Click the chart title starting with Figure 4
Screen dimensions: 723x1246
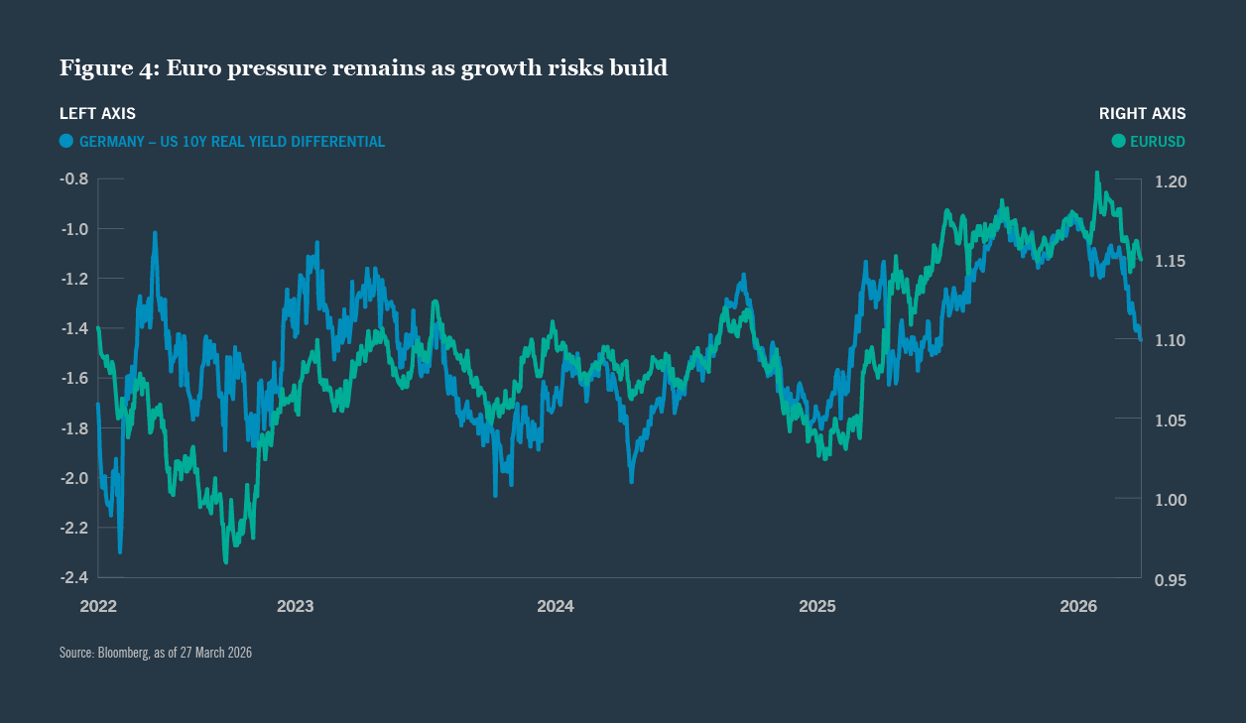click(x=363, y=68)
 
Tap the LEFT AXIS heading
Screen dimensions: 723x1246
click(x=97, y=114)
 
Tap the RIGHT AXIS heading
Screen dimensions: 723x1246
click(x=1142, y=114)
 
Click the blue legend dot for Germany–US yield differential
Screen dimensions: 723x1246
click(x=66, y=141)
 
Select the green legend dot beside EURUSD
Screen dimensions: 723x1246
click(x=1119, y=141)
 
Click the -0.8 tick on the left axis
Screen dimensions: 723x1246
click(x=75, y=180)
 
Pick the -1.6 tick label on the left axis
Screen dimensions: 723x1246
click(x=75, y=378)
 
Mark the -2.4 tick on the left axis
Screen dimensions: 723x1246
click(x=75, y=577)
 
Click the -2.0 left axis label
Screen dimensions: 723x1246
click(x=75, y=478)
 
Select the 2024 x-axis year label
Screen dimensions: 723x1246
click(x=556, y=606)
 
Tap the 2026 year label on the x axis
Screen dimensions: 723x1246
click(x=1078, y=606)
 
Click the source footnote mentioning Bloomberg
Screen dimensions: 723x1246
click(x=156, y=653)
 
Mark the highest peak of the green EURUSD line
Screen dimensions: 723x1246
click(x=1097, y=173)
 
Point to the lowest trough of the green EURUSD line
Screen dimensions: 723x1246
click(x=226, y=562)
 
